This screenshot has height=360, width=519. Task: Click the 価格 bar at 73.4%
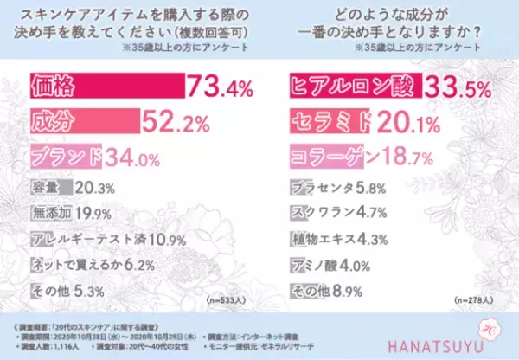(x=107, y=86)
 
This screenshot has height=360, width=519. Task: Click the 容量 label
(x=47, y=187)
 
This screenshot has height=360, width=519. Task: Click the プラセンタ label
(x=317, y=187)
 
